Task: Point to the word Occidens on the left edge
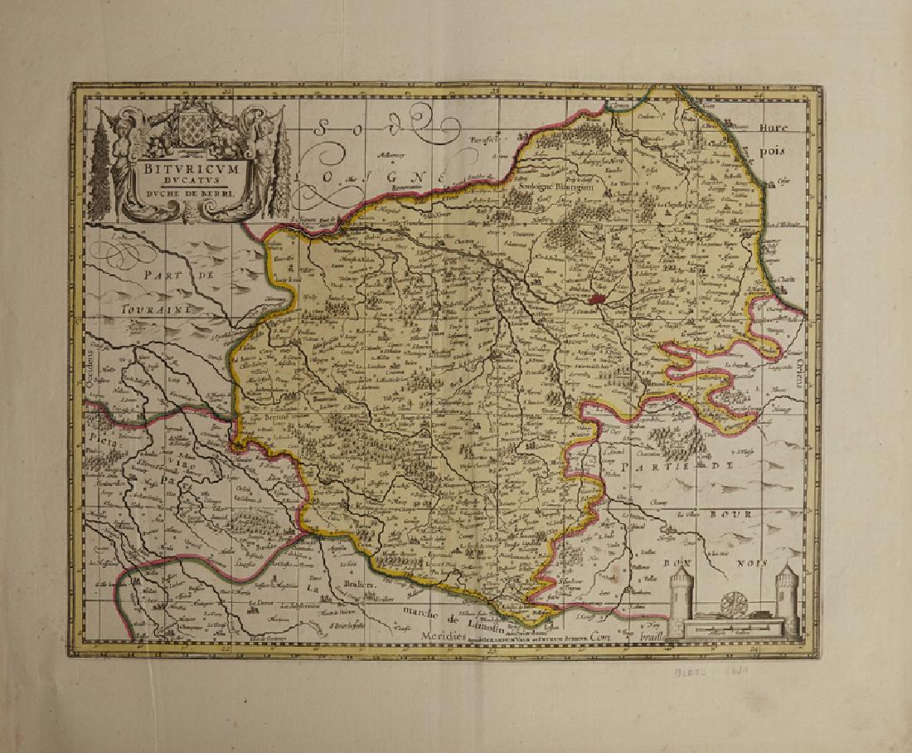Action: [x=95, y=369]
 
